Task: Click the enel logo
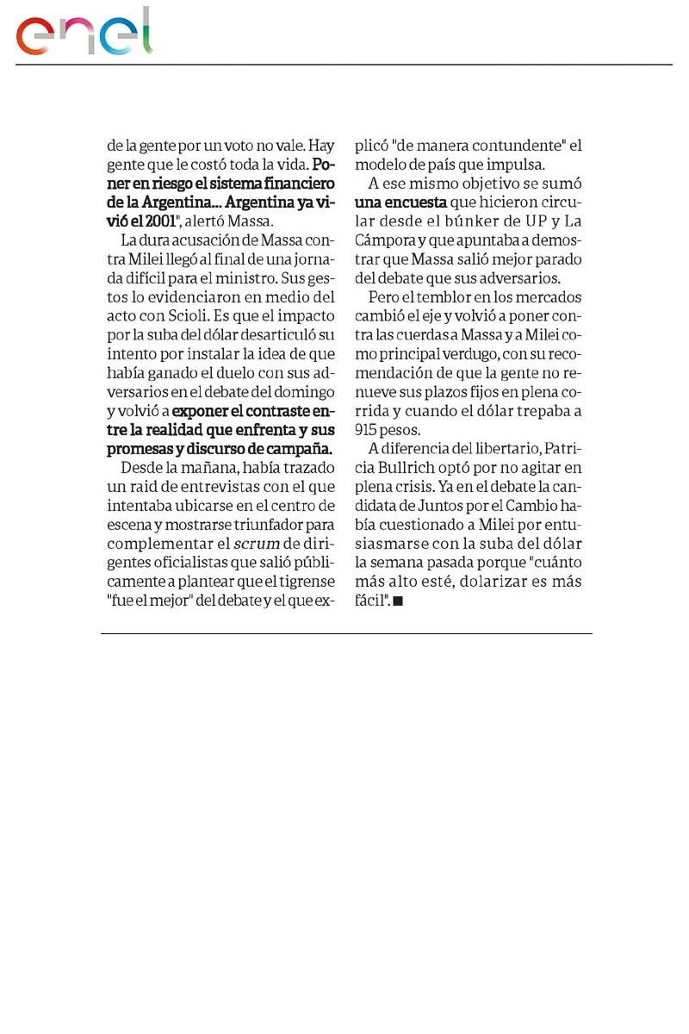(x=84, y=34)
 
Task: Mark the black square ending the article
(x=398, y=601)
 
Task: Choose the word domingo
(x=294, y=390)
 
